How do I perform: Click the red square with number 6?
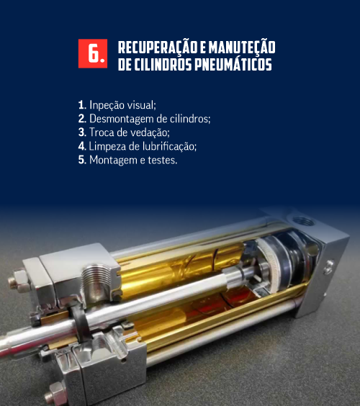click(x=93, y=53)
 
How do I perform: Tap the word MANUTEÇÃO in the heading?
click(x=242, y=48)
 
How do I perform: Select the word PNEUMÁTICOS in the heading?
click(x=233, y=63)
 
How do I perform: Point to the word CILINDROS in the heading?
click(x=163, y=64)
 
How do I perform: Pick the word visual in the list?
click(x=141, y=105)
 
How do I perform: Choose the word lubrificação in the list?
click(x=169, y=147)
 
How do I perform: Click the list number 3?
click(x=82, y=132)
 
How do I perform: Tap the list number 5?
click(x=82, y=160)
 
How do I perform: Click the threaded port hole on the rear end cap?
click(x=303, y=222)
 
